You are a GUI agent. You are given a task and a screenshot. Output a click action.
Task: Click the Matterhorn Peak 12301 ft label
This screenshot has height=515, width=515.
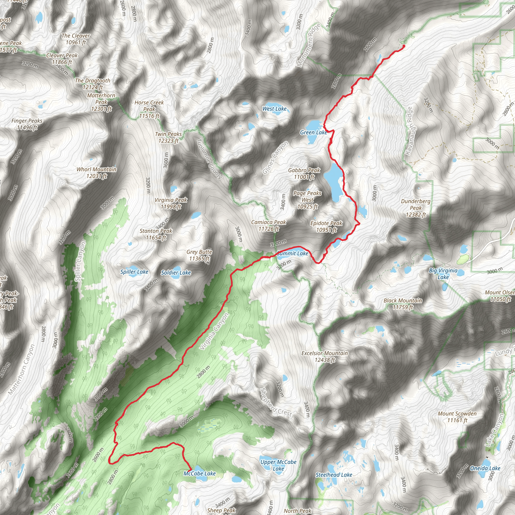(101, 102)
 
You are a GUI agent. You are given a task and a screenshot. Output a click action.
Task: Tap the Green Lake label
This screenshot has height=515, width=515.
(313, 133)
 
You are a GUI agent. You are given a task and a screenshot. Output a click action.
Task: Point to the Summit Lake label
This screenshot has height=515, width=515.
(292, 253)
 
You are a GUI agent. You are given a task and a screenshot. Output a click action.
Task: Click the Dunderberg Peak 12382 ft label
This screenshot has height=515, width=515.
(416, 208)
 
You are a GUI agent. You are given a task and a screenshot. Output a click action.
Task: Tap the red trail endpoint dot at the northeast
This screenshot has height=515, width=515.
(404, 46)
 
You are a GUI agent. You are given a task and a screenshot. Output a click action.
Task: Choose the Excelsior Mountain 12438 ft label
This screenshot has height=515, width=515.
(324, 356)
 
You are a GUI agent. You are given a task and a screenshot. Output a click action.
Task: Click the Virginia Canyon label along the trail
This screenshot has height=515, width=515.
(214, 331)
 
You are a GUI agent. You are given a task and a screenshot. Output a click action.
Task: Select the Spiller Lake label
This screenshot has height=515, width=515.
(134, 272)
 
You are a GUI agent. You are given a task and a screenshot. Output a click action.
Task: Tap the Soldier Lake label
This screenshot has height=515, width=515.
(176, 273)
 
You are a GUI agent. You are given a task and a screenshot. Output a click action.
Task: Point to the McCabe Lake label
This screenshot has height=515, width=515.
(199, 474)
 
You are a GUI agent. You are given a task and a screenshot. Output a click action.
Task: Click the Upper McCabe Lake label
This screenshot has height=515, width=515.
(278, 465)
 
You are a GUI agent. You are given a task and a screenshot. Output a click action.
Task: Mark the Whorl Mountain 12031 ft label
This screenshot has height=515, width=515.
(97, 173)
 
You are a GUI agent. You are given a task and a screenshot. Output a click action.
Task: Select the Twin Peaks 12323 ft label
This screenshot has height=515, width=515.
(168, 137)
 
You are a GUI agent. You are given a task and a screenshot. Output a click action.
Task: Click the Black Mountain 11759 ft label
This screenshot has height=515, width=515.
(403, 304)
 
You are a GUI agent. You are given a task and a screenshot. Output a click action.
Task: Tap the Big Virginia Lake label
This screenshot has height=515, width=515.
(443, 274)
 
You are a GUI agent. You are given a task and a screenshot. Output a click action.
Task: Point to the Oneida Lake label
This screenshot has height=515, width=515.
(485, 468)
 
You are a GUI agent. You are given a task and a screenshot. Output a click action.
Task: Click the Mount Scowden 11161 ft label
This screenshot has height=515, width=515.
(457, 417)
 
